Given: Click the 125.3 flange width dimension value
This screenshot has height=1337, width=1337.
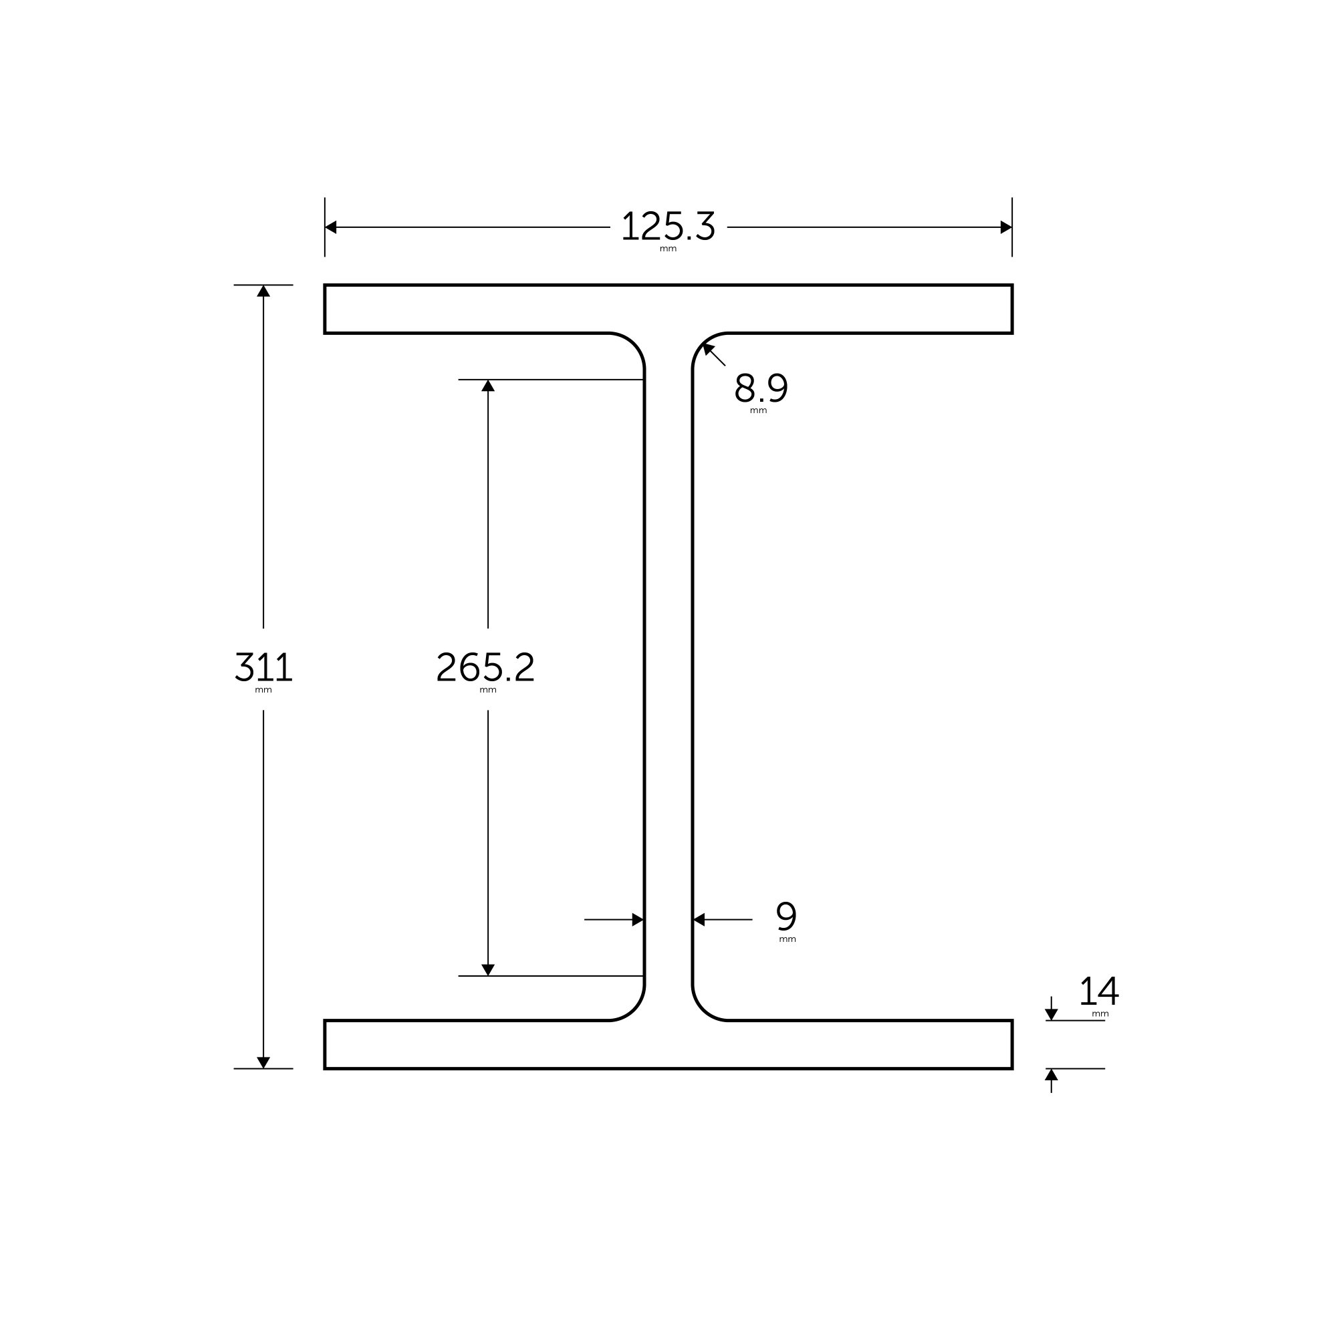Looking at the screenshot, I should coord(668,227).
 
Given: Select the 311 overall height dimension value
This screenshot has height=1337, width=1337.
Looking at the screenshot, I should coord(263,667).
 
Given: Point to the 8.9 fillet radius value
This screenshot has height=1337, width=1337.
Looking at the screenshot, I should coord(761,388).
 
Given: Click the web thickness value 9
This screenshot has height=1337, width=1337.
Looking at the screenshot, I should coord(786,917).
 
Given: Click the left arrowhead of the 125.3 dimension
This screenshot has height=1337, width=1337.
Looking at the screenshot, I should coord(331,227).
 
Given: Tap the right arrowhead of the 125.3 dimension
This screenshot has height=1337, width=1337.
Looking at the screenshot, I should coord(1005,227).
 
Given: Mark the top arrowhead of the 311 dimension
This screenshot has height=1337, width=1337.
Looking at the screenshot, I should coord(263,291).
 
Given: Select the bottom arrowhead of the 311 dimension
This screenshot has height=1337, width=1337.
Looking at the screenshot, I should coord(263,1062).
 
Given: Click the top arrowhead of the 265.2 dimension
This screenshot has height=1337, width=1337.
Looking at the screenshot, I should coord(488,386).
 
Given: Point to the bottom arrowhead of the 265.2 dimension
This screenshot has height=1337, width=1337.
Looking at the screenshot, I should coord(488,969).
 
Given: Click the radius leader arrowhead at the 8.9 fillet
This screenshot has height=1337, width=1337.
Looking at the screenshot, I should coord(708,348).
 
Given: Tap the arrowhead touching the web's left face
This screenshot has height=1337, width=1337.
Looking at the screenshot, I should coord(637,920).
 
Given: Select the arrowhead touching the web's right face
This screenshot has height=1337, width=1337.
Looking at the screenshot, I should coord(700,920).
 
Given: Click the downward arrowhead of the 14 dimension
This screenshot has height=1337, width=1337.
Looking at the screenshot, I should coord(1051,1015).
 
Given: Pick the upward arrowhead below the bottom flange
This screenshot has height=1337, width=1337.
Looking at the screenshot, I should coord(1051,1075).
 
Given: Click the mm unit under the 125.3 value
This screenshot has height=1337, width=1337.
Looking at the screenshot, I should coord(668,249).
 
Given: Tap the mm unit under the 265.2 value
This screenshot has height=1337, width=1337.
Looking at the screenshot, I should coord(488,690).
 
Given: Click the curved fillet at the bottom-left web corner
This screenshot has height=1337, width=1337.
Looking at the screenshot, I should coord(634,1009).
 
